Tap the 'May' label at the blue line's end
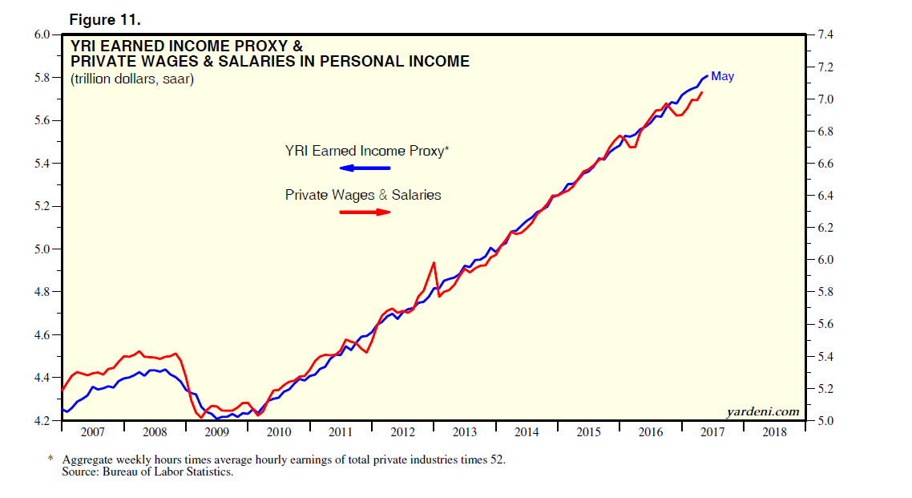[722, 76]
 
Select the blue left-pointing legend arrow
[365, 168]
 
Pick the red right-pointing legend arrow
[365, 212]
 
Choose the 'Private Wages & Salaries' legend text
[363, 195]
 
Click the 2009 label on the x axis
[216, 433]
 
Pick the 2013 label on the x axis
[465, 433]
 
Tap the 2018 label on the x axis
[775, 433]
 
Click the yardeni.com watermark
[762, 411]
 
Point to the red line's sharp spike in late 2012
[434, 263]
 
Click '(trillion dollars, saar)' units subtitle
[132, 79]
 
